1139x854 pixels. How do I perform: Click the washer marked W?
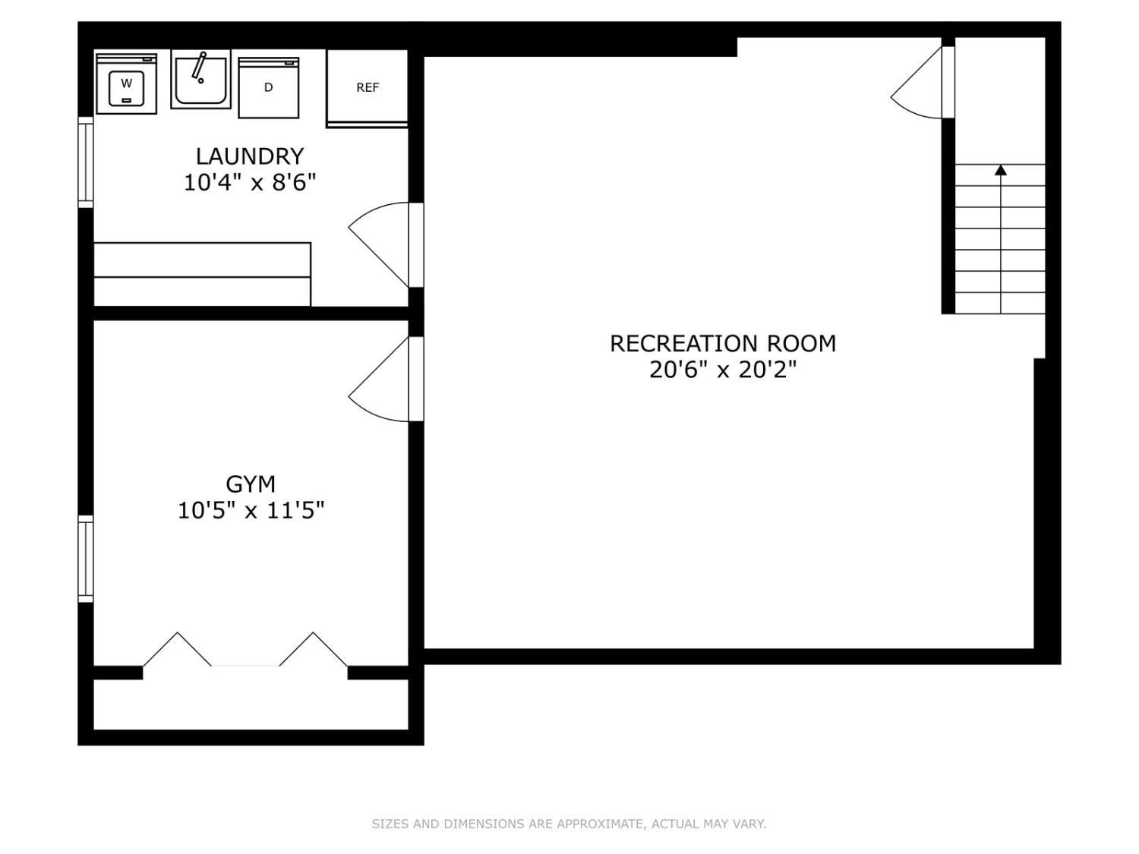(126, 84)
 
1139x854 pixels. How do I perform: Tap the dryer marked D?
(268, 87)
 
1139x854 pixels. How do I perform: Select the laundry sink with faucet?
(200, 80)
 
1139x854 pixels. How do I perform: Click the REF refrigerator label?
(368, 87)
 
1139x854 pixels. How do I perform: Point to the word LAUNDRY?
(250, 156)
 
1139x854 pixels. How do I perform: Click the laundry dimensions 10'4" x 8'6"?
(250, 182)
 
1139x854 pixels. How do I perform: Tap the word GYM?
(250, 484)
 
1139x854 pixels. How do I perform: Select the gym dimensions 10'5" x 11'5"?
(251, 510)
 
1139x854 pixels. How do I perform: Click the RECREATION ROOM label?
(722, 343)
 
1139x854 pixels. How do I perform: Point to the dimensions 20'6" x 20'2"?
(722, 370)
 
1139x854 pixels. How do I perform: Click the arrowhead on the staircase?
(1001, 170)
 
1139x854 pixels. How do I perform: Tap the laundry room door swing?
(379, 244)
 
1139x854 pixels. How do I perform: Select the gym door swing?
(379, 379)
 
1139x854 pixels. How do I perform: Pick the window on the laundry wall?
(86, 162)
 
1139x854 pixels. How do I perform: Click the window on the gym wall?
(86, 559)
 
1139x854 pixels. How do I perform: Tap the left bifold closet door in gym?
(177, 649)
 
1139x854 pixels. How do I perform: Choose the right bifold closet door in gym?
(314, 649)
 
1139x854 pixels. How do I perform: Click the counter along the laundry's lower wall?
(203, 274)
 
